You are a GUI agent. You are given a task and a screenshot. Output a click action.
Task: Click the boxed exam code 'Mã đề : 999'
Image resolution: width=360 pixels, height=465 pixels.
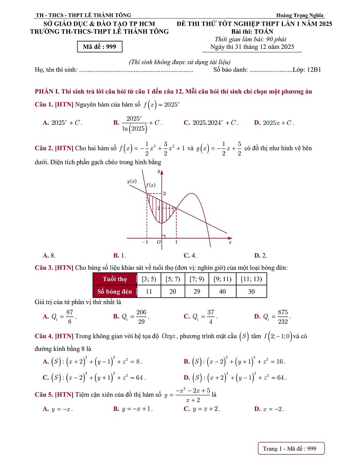(x=100, y=47)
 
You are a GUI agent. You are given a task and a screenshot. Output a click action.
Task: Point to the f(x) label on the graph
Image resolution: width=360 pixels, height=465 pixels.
(x=151, y=184)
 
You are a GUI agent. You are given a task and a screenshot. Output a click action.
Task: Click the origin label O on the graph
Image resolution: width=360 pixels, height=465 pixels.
(x=158, y=242)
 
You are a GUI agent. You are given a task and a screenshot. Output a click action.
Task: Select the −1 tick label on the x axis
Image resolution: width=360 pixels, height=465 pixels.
(x=146, y=242)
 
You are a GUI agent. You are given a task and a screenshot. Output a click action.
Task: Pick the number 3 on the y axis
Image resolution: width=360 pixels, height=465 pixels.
(x=165, y=193)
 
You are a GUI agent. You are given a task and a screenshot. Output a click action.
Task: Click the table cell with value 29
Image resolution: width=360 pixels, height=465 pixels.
(x=195, y=291)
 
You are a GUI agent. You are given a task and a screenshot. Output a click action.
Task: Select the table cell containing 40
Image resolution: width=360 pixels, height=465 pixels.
(x=223, y=291)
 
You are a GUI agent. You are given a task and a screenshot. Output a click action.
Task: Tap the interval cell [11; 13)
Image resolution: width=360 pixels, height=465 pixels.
(x=251, y=279)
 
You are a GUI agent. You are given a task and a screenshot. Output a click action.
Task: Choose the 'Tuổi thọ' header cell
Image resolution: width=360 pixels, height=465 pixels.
(x=115, y=279)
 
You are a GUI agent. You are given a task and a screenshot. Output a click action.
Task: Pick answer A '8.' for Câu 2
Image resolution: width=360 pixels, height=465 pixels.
(x=50, y=255)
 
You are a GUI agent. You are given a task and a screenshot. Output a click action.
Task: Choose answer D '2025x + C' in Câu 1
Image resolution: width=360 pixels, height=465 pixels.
(x=275, y=123)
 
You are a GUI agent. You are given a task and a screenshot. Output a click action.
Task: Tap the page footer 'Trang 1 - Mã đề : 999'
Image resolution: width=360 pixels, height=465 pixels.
(x=289, y=449)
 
